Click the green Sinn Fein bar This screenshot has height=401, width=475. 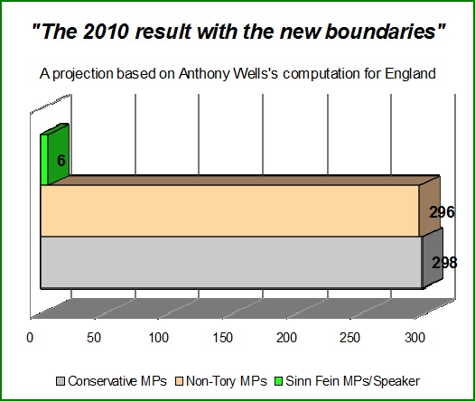click(54, 154)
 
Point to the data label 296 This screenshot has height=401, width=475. click(442, 212)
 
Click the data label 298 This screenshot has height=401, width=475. click(444, 263)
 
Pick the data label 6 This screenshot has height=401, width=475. click(61, 160)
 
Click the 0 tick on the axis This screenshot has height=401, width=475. click(30, 338)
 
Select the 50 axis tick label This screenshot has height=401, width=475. click(94, 338)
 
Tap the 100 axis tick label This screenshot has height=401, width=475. click(158, 338)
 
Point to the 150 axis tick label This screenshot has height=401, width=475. click(223, 338)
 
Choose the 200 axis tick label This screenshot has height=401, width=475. click(286, 338)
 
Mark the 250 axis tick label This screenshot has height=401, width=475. click(349, 338)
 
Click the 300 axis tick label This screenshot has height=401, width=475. click(415, 338)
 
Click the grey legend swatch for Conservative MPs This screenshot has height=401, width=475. click(61, 381)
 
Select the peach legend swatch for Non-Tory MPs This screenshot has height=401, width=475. click(180, 381)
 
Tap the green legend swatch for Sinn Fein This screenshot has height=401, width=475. click(278, 381)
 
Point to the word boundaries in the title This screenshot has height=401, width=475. click(380, 32)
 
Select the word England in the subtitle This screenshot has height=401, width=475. click(411, 73)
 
